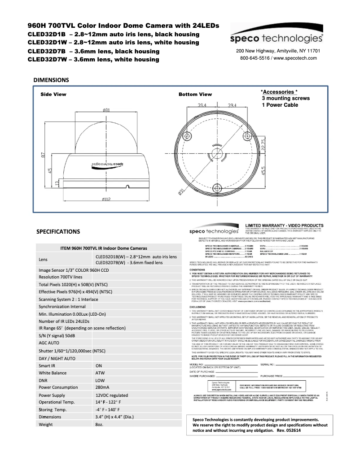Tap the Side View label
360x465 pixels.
click(53, 95)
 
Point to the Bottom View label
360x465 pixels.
click(195, 95)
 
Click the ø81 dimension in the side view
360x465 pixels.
click(107, 110)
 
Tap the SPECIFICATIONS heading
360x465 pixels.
click(59, 232)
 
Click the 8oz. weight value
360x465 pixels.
click(100, 424)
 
